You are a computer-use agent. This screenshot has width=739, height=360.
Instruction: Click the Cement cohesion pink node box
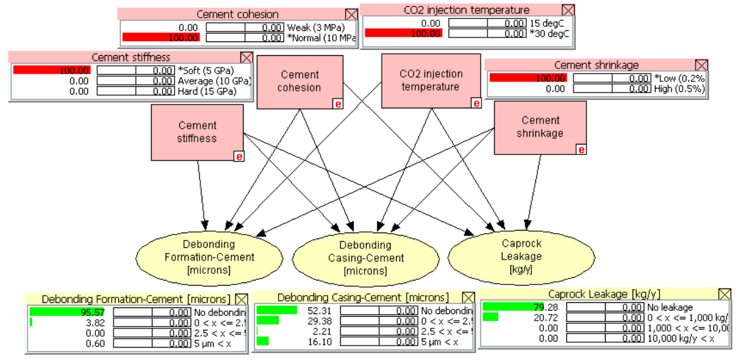[x=300, y=81]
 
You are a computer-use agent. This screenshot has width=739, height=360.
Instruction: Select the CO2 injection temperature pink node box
[x=431, y=80]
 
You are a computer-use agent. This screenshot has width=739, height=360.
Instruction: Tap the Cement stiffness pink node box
[x=197, y=131]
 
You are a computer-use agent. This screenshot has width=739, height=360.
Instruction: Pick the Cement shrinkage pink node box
[x=540, y=126]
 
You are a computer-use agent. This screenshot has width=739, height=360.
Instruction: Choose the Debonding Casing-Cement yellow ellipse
[x=357, y=258]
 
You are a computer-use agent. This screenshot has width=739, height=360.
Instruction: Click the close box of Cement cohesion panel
[x=351, y=14]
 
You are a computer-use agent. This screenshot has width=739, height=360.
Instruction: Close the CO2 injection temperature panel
[x=568, y=10]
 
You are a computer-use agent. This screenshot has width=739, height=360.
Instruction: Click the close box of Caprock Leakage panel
[x=725, y=294]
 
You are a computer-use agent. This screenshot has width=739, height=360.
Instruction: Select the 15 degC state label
[x=547, y=22]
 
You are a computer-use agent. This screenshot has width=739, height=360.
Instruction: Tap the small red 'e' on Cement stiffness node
[x=239, y=156]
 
